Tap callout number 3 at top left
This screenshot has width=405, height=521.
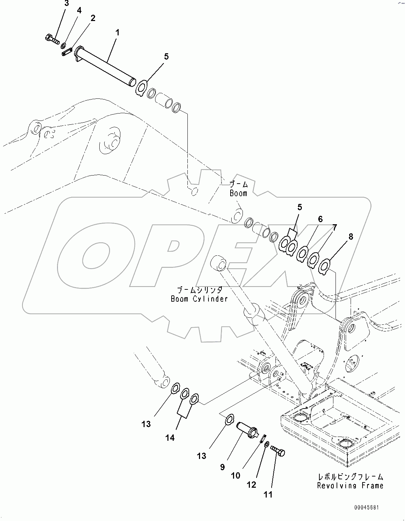coord(67,4)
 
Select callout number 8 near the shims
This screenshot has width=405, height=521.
coord(350,236)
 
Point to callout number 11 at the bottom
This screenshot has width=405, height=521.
coord(268,495)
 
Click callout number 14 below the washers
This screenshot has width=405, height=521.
coord(170,438)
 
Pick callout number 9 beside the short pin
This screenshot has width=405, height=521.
coord(223,467)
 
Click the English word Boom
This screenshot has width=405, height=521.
coord(238,193)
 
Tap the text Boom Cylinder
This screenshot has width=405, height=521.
coord(199,299)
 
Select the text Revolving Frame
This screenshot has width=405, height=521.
coord(350,486)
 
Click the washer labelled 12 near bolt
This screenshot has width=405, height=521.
coord(266,444)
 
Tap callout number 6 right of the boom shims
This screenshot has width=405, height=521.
coord(320,219)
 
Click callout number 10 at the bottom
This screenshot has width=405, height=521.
coord(235,475)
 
